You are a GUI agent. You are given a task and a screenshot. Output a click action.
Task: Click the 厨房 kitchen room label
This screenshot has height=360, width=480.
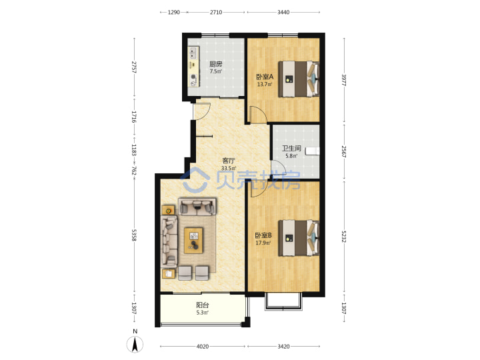(216, 64)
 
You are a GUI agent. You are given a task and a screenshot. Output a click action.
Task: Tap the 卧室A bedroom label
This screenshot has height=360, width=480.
(265, 77)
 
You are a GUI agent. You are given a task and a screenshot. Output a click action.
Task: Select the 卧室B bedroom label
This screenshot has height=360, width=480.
(263, 235)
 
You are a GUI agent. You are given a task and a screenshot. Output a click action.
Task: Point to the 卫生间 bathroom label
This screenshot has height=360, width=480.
(291, 149)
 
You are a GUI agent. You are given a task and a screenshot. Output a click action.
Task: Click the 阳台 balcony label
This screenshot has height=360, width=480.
(203, 305)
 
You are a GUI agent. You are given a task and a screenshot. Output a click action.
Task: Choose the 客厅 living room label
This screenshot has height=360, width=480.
(229, 161)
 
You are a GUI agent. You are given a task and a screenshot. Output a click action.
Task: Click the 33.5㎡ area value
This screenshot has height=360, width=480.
(229, 169)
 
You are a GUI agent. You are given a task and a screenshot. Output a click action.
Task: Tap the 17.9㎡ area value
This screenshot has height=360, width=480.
(263, 243)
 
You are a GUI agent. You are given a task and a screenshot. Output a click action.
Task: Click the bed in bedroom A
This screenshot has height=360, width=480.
(299, 79)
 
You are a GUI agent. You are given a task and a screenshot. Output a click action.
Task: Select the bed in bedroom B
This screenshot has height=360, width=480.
(299, 238)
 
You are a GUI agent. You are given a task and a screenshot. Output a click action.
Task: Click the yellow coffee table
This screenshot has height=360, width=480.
(193, 240)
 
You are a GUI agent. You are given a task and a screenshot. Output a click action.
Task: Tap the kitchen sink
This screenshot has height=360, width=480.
(193, 53)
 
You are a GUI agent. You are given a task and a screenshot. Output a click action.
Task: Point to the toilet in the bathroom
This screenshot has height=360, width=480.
(313, 151)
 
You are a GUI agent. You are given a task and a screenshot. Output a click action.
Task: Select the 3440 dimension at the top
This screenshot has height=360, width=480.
(283, 12)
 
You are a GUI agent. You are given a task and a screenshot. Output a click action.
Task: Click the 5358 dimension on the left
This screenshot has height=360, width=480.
(134, 235)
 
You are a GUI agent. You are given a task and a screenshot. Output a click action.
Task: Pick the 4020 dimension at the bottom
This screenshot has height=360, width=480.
(203, 347)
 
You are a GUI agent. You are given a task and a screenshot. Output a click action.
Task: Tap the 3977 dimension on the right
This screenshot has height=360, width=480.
(344, 80)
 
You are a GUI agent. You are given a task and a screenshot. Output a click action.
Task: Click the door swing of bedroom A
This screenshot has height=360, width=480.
(259, 113)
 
